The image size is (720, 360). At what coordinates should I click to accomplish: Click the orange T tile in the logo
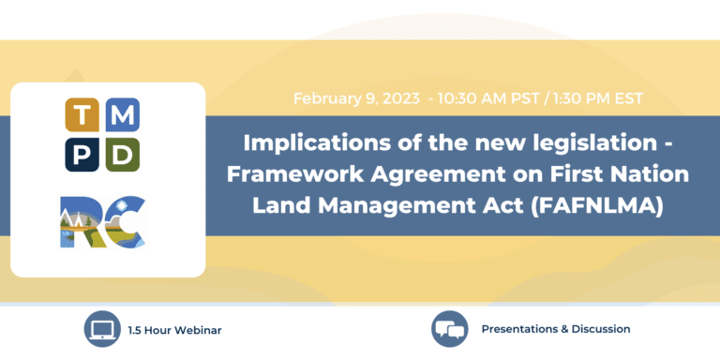82,115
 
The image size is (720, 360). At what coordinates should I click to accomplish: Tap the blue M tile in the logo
123,115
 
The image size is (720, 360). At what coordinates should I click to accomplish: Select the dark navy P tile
82,153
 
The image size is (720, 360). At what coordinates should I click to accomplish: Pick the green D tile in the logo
123,153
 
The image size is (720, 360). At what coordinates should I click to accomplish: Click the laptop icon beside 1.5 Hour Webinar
101,329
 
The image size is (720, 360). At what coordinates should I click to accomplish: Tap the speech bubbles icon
449,329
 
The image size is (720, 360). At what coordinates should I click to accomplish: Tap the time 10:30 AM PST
483,97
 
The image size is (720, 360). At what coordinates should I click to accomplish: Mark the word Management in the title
412,204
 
